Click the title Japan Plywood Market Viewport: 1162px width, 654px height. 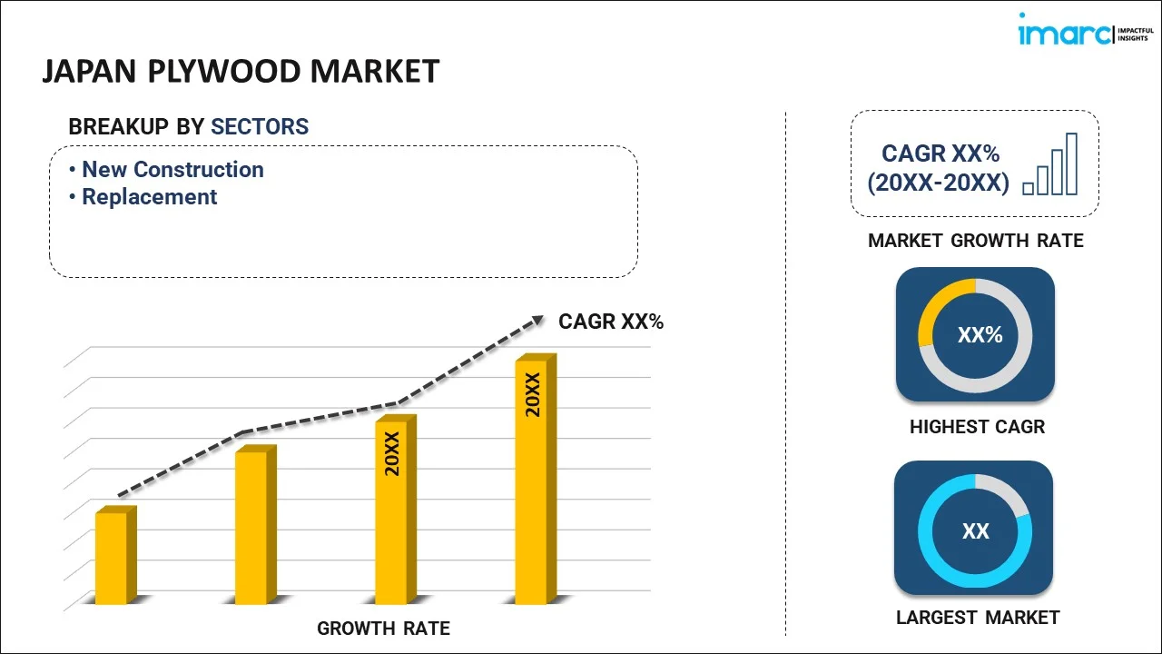pyautogui.click(x=241, y=71)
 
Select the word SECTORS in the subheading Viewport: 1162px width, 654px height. pyautogui.click(x=260, y=127)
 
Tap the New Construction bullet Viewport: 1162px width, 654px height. pyautogui.click(x=172, y=170)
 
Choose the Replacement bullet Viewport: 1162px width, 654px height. pyautogui.click(x=149, y=197)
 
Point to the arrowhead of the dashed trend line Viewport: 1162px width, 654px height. pyautogui.click(x=537, y=320)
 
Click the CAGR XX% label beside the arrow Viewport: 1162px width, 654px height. pyautogui.click(x=611, y=322)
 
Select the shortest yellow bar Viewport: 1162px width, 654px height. pyautogui.click(x=112, y=558)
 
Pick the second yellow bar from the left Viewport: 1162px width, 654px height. pyautogui.click(x=251, y=527)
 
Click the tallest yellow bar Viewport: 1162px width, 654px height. pyautogui.click(x=532, y=481)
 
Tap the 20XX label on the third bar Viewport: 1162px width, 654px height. pyautogui.click(x=392, y=454)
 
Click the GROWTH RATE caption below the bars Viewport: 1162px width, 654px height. pyautogui.click(x=383, y=629)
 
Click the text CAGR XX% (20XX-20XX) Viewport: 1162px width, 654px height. pyautogui.click(x=938, y=168)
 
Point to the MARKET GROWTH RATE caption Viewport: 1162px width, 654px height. pyautogui.click(x=976, y=241)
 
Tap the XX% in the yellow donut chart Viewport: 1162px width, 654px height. pyautogui.click(x=980, y=335)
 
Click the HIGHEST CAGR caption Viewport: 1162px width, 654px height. pyautogui.click(x=977, y=427)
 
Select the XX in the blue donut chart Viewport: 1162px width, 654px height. pyautogui.click(x=976, y=531)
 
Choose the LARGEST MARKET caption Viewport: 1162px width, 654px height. pyautogui.click(x=978, y=618)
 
